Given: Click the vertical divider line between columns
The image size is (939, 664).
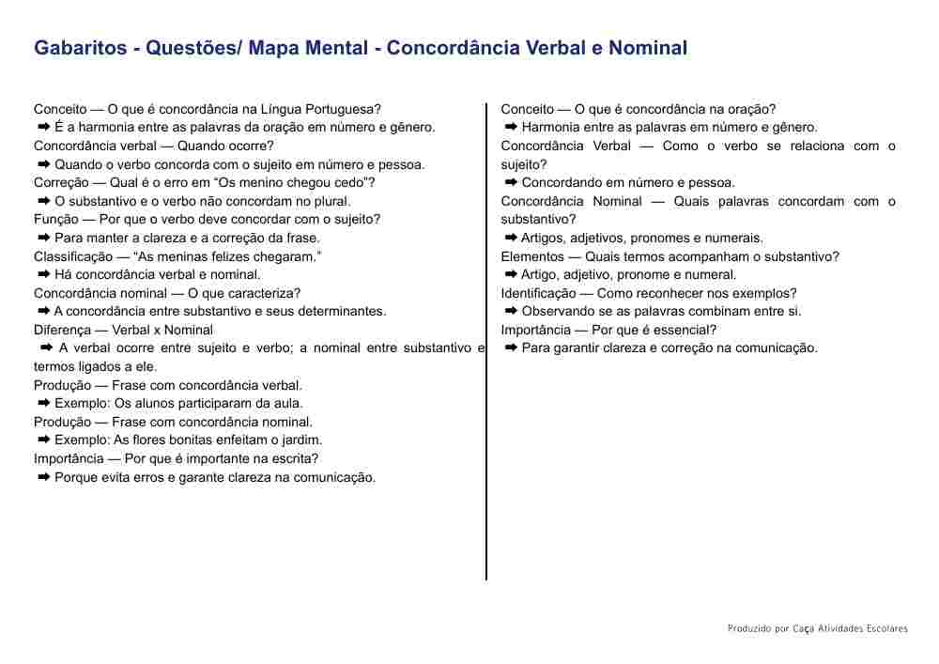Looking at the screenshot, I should [x=486, y=376].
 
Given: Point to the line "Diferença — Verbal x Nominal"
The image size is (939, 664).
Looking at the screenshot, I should [x=123, y=330].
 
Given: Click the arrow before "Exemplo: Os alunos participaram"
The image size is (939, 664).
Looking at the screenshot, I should [x=44, y=403].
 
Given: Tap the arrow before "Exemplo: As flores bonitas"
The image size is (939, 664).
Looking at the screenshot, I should [x=44, y=440].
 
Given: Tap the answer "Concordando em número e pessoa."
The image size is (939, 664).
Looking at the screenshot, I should [x=628, y=183].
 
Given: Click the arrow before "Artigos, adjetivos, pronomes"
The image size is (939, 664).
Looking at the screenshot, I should [x=512, y=238].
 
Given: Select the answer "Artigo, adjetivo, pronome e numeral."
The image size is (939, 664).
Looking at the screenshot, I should [x=629, y=275].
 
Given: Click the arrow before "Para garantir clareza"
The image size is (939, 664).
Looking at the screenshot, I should [x=512, y=348].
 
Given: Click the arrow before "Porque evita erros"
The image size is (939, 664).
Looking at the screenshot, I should [x=44, y=477].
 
